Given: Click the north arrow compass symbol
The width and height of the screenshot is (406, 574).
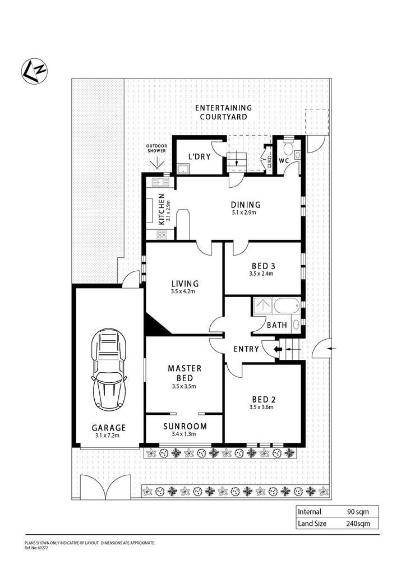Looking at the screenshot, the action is tap(34, 71).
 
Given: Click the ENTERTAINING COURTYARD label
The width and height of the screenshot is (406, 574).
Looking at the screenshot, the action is tap(223, 112).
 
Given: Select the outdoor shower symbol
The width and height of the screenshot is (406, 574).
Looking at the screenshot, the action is tap(157, 163).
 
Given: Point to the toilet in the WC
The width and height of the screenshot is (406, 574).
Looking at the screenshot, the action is tap(289, 146).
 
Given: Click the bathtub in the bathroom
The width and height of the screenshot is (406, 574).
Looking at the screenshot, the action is tap(287, 306).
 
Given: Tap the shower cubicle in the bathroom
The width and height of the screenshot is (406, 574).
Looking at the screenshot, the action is tap(262, 307).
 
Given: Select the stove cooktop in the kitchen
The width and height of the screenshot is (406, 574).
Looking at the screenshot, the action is tap(162, 234).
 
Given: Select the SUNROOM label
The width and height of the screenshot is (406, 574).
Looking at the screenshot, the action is tap(185, 426).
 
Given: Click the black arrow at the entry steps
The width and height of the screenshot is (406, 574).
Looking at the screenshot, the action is tap(278, 349).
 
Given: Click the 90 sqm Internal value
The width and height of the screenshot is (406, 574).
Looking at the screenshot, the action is tap(358, 512).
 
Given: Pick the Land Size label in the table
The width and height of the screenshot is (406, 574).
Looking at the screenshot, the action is tap(312, 524).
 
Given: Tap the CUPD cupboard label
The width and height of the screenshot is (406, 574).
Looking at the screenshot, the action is tap(269, 161).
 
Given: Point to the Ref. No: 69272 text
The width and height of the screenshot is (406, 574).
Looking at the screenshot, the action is tap(36, 548).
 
